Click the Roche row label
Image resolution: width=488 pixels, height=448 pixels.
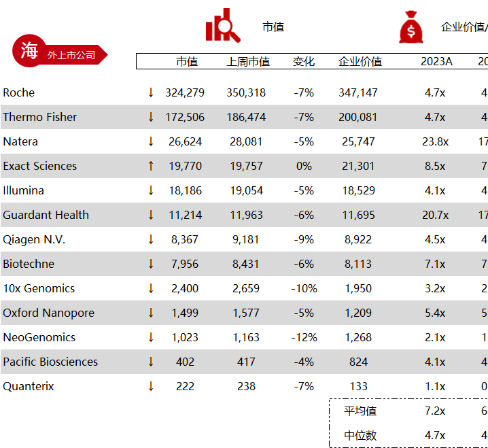(x=19, y=92)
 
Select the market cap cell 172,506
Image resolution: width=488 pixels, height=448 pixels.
(x=185, y=117)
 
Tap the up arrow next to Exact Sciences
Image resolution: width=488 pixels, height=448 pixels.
(x=151, y=166)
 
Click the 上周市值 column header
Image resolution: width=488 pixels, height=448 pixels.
(x=247, y=62)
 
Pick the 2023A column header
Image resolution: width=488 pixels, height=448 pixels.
(x=436, y=62)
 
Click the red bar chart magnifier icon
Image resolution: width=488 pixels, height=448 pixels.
(x=222, y=26)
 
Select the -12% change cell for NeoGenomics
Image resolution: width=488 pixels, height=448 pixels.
(x=304, y=337)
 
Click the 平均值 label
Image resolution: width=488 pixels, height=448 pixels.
(x=360, y=411)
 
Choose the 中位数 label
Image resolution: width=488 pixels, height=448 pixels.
(x=360, y=435)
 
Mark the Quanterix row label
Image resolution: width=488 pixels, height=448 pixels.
(x=29, y=386)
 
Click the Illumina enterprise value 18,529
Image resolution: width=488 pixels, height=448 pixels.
(x=358, y=190)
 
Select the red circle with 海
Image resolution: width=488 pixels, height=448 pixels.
(x=29, y=51)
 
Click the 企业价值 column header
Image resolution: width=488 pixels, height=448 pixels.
(x=360, y=62)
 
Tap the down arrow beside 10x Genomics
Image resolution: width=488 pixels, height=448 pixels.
(x=151, y=288)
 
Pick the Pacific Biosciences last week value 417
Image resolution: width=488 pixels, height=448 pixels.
(x=246, y=362)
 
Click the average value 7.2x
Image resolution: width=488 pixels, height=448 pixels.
(x=435, y=411)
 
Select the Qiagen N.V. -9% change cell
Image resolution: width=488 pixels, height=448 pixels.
(x=304, y=239)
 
